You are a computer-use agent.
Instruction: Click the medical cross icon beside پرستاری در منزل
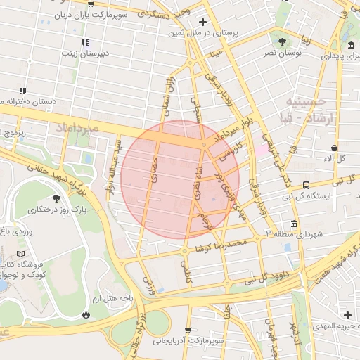tap(203, 22)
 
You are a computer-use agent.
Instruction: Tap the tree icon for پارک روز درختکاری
tap(56, 198)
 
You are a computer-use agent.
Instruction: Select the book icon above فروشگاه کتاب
tap(20, 252)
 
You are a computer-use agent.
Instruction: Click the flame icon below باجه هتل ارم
tap(86, 314)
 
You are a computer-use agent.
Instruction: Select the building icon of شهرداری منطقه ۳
tap(293, 224)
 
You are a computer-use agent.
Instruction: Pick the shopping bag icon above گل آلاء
tap(334, 148)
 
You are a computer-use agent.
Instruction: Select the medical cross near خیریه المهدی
tap(347, 314)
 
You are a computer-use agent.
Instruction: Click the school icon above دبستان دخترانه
tap(23, 90)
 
